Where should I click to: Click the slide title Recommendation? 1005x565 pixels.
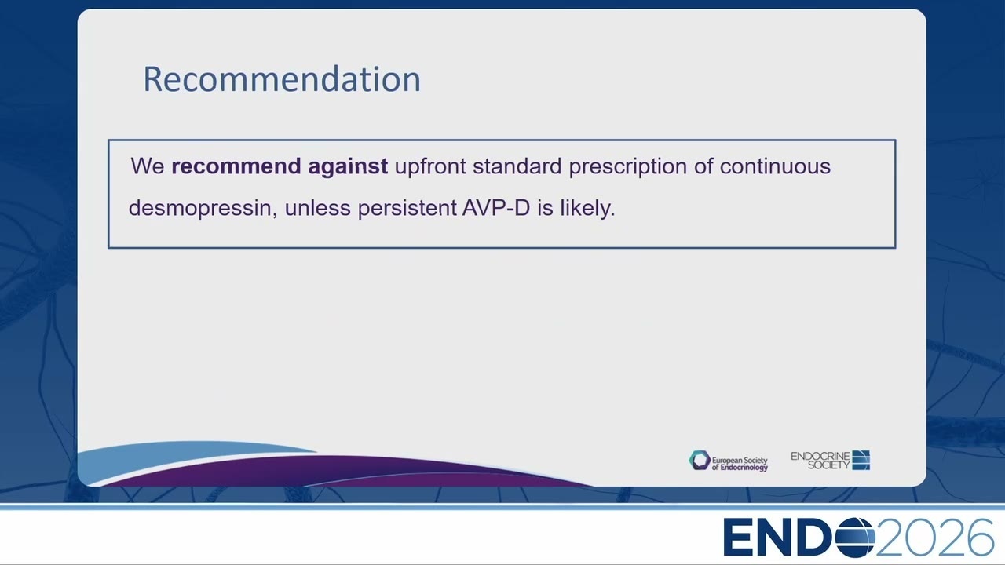coord(282,79)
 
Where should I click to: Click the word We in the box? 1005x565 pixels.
coord(148,166)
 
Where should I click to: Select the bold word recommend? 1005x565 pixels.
coord(236,166)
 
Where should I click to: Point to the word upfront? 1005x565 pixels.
coord(430,167)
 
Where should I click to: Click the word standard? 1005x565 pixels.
coord(517,166)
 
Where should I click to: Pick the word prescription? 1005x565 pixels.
coord(627,167)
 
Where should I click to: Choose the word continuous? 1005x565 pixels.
coord(775,166)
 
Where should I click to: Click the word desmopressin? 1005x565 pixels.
coord(203,209)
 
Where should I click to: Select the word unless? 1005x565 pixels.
coord(318,208)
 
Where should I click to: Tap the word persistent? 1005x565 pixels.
coord(407,209)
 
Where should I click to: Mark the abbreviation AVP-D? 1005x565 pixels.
coord(496,208)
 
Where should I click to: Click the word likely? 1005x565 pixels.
coord(587,209)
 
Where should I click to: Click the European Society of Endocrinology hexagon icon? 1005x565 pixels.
coord(700,461)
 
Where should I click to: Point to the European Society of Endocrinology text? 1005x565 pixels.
coord(740,464)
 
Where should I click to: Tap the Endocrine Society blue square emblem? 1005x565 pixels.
coord(861,460)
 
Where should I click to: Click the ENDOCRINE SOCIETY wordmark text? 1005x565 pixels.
coord(820,461)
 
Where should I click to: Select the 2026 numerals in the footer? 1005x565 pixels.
coord(935,538)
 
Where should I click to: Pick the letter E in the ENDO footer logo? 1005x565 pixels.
coord(736,538)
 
